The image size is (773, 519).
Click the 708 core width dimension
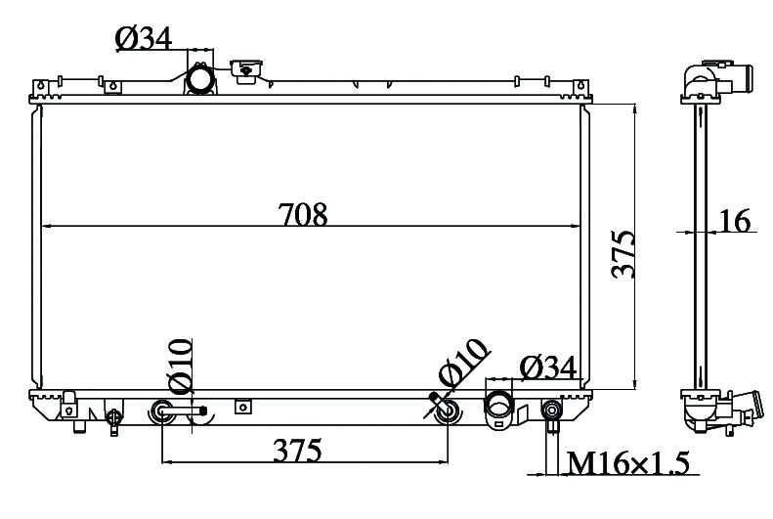click(303, 214)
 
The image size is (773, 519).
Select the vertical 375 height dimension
click(623, 254)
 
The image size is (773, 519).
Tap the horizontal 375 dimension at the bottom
click(298, 450)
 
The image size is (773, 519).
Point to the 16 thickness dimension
click(735, 220)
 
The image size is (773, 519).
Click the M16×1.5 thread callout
click(627, 462)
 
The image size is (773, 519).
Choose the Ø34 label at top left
click(144, 38)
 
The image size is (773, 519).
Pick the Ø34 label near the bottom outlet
click(547, 368)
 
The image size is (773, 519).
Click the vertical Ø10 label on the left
click(180, 367)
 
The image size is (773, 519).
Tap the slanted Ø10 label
click(463, 364)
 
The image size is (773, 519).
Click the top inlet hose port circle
click(200, 80)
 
